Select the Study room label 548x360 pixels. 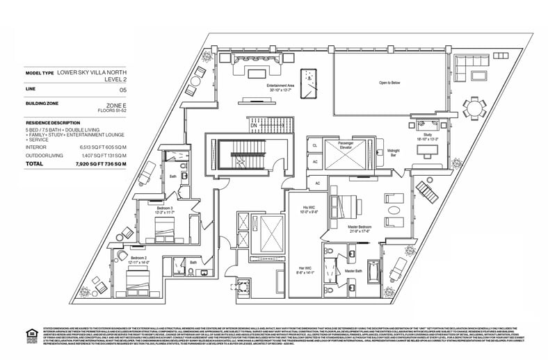(425, 136)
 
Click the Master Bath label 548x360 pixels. (353, 270)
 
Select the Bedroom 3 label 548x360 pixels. (164, 208)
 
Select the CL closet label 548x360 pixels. (314, 145)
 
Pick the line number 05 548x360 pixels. (123, 90)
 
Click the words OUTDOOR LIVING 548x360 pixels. (45, 155)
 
